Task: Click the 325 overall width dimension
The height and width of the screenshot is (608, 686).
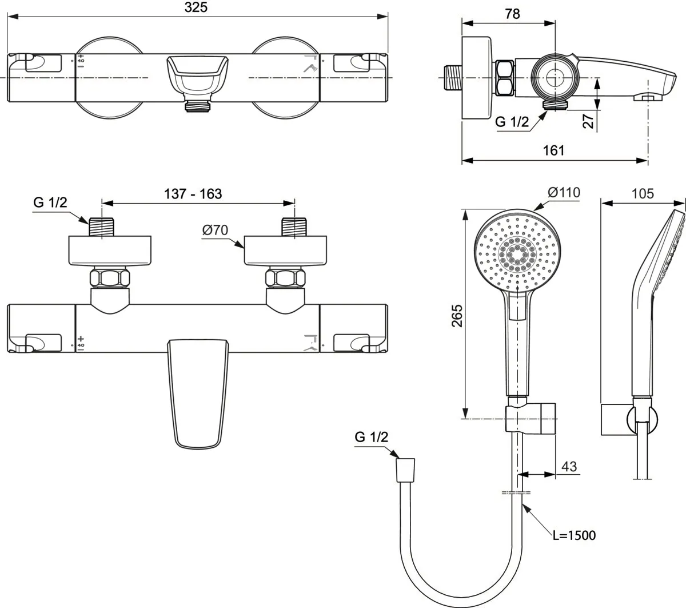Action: tap(196, 7)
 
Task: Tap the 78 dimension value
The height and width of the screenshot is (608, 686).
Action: tap(512, 14)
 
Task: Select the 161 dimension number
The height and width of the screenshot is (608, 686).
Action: tap(553, 150)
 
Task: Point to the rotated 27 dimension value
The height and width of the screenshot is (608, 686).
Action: tap(588, 121)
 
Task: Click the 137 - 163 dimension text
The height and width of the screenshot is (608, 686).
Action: tap(193, 194)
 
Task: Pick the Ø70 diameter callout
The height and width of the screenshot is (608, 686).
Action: tap(215, 231)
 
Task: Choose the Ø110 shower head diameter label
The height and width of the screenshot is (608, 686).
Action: tap(564, 192)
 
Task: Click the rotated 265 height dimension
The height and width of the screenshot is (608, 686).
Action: tap(457, 315)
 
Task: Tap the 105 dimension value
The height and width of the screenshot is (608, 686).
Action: tap(643, 194)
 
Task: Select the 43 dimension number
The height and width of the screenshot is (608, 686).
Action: tap(569, 466)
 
